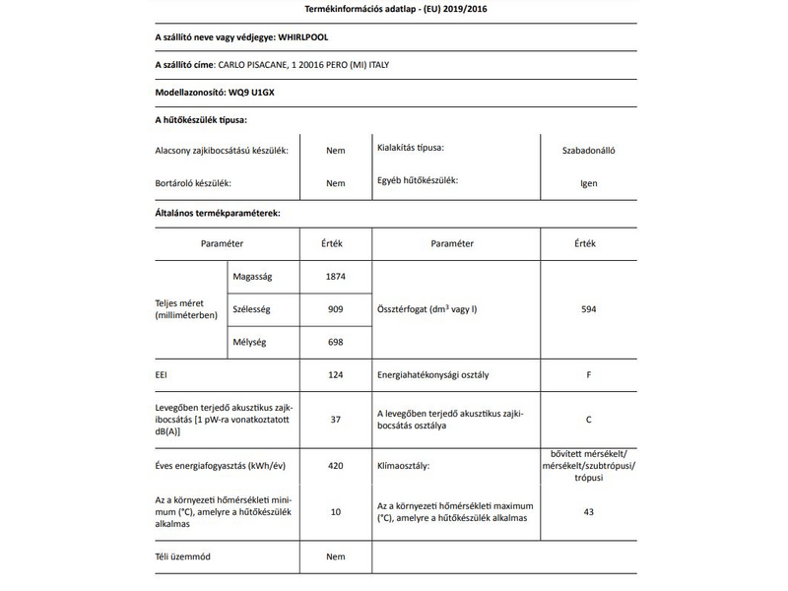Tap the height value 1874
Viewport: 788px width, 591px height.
[336, 277]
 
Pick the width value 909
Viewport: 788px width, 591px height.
[336, 309]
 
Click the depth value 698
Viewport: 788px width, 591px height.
[336, 342]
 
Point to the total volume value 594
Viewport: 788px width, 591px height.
[589, 309]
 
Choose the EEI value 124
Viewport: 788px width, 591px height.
[336, 375]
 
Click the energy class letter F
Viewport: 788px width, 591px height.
[589, 375]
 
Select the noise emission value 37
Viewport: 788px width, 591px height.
[336, 419]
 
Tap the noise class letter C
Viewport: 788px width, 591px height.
[589, 419]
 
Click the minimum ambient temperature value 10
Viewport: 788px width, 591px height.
[336, 511]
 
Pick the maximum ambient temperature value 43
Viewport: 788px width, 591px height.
[589, 511]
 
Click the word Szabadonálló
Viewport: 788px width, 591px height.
[589, 152]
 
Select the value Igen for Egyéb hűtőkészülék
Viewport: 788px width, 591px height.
[589, 183]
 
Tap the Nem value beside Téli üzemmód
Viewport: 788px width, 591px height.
[336, 558]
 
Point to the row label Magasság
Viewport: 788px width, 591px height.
[252, 277]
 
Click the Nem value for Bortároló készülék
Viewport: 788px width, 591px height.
[336, 183]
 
